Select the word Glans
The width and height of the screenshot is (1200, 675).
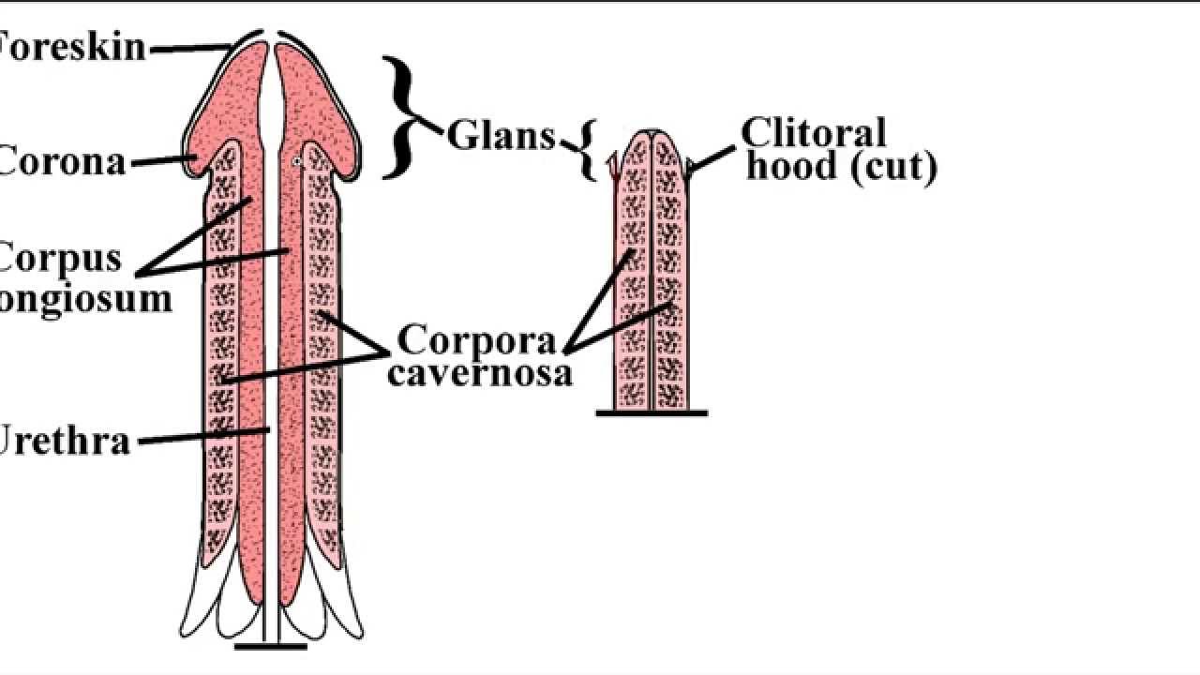click(x=501, y=136)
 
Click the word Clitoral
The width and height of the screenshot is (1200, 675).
click(x=814, y=133)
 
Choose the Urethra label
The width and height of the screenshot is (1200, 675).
click(x=64, y=440)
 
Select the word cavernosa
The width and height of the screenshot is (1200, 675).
click(x=480, y=373)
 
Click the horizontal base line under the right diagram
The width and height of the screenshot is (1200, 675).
click(x=652, y=412)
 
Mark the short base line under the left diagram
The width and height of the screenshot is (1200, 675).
click(x=270, y=646)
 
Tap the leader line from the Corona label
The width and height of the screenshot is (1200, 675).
click(x=161, y=162)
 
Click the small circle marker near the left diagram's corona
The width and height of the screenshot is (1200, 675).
click(x=297, y=162)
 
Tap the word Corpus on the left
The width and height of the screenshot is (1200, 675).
click(x=62, y=258)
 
